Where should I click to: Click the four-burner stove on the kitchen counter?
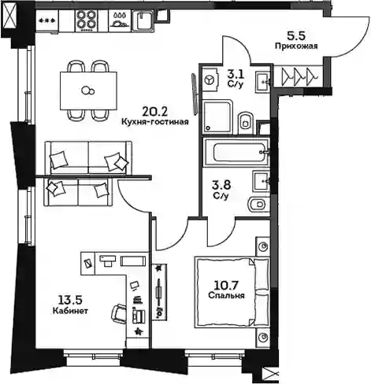pyautogui.click(x=86, y=20)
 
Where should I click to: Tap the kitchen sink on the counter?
pyautogui.click(x=143, y=20)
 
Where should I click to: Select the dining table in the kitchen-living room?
pyautogui.click(x=88, y=90)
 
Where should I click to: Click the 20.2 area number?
pyautogui.click(x=154, y=112)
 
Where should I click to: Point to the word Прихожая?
pyautogui.click(x=296, y=46)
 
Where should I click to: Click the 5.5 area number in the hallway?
pyautogui.click(x=296, y=36)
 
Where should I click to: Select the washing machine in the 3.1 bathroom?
pyautogui.click(x=210, y=79)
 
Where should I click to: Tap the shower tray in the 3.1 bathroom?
pyautogui.click(x=218, y=117)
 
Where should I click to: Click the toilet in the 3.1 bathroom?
pyautogui.click(x=246, y=121)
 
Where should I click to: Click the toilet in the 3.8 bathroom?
pyautogui.click(x=259, y=205)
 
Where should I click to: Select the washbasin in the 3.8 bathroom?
pyautogui.click(x=262, y=180)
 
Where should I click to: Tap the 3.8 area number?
pyautogui.click(x=221, y=185)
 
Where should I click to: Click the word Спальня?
pyautogui.click(x=226, y=296)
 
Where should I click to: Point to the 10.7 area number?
pyautogui.click(x=226, y=285)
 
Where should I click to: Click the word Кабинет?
pyautogui.click(x=70, y=311)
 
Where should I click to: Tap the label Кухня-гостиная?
pyautogui.click(x=155, y=122)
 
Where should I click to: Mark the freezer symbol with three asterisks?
pyautogui.click(x=47, y=21)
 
